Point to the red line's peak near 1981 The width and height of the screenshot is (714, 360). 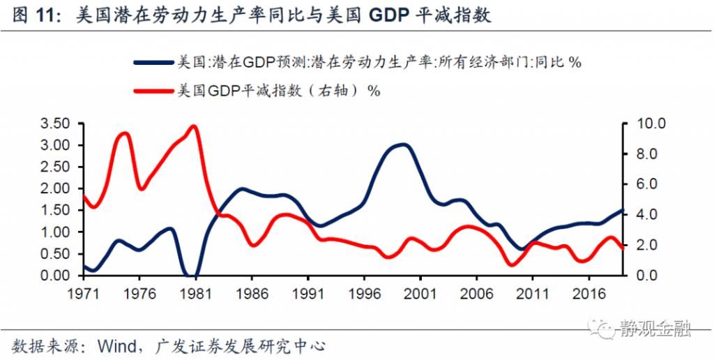coord(193,126)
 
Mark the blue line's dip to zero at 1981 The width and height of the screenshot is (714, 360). coord(191,275)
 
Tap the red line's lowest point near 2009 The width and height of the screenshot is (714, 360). coord(512,264)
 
